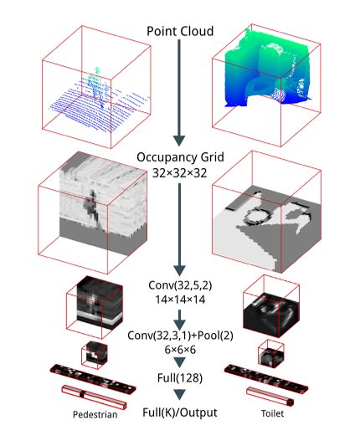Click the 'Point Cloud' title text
click(x=180, y=31)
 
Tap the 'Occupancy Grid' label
click(x=180, y=157)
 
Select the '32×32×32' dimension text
click(x=180, y=173)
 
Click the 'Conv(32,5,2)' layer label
click(x=180, y=285)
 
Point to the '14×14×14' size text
click(x=180, y=300)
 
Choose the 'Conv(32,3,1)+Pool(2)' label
click(x=180, y=335)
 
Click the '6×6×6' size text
click(x=180, y=350)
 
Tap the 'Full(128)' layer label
click(x=180, y=378)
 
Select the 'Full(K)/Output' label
click(x=180, y=412)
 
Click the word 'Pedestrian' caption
click(x=95, y=414)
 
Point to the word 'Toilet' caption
click(x=272, y=413)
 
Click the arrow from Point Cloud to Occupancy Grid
click(x=179, y=93)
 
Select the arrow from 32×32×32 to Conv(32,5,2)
click(x=179, y=229)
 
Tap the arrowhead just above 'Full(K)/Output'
click(x=179, y=395)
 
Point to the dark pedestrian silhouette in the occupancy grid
click(x=91, y=207)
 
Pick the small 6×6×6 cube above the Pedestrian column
click(x=95, y=355)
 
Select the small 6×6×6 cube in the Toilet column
click(x=271, y=353)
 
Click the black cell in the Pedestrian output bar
click(x=82, y=394)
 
